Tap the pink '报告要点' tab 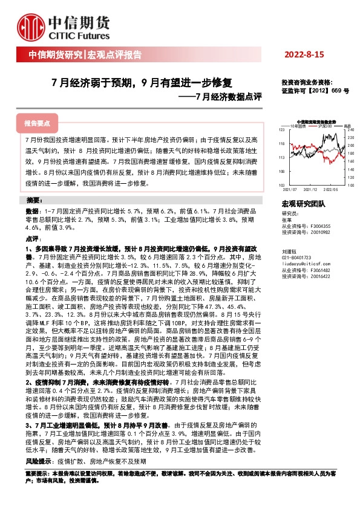click(36, 123)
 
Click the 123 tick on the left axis click(281, 130)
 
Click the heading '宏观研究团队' click(303, 204)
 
